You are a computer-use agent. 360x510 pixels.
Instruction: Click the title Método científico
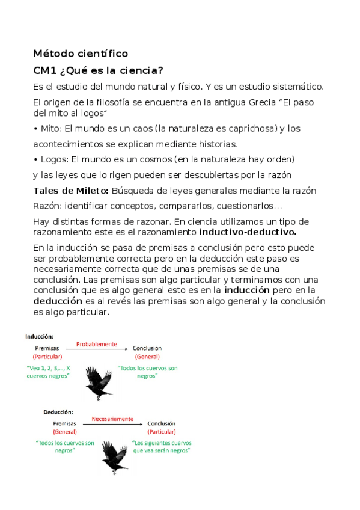81,54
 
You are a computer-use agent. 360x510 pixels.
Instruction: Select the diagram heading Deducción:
58,413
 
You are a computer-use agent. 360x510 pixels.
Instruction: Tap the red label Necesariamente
112,419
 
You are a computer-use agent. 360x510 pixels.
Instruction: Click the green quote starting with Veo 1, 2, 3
48,372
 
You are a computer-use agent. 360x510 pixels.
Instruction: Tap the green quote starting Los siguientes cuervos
162,446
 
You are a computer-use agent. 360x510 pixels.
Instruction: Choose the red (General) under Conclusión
147,357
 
